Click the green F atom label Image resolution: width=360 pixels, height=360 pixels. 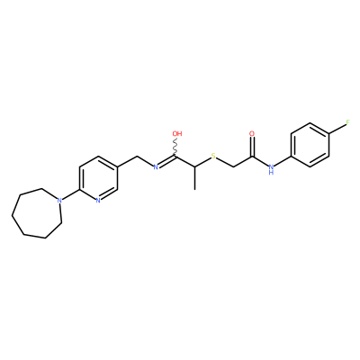(x=348, y=122)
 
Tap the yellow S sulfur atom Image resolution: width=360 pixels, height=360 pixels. (x=213, y=156)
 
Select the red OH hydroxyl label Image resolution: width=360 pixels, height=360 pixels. (x=177, y=133)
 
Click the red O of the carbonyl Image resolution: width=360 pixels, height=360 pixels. (x=252, y=133)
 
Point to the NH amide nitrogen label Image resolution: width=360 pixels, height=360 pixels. (x=271, y=169)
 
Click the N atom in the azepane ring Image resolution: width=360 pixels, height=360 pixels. (x=60, y=200)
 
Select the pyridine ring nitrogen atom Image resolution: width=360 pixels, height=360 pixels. (x=98, y=200)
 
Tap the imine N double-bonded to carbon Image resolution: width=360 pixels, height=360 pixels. (x=156, y=167)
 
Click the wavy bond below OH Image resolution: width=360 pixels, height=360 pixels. (x=175, y=147)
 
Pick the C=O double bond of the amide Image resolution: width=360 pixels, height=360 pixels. (x=252, y=147)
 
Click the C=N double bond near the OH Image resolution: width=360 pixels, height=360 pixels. (x=166, y=161)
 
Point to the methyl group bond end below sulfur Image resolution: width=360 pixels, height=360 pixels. (x=194, y=190)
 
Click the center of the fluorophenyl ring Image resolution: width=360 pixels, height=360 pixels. (x=310, y=145)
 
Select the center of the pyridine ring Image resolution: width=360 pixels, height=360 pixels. (x=98, y=178)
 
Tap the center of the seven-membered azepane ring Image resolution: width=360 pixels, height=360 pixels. (x=38, y=212)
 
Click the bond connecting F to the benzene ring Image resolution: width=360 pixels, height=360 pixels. (x=337, y=130)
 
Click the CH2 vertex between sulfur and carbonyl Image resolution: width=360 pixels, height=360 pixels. (x=233, y=166)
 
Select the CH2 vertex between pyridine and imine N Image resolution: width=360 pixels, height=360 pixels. (x=137, y=157)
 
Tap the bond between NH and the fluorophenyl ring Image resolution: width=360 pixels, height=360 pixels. (x=283, y=160)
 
